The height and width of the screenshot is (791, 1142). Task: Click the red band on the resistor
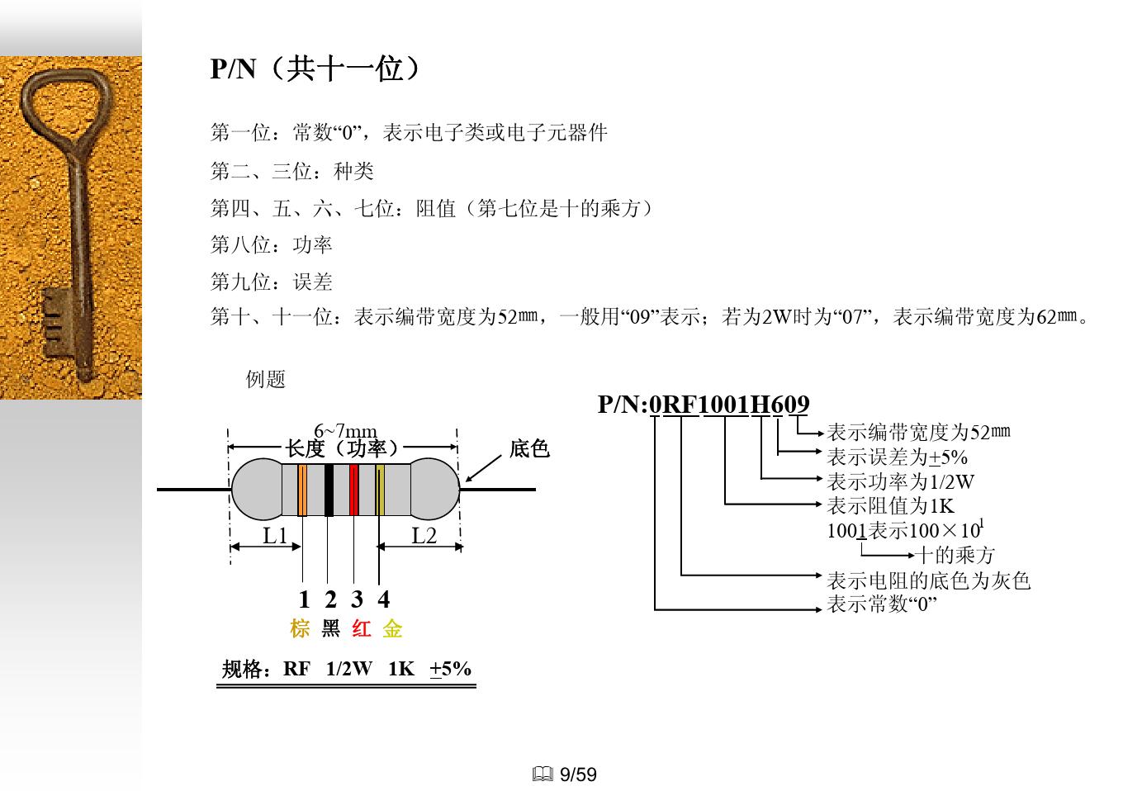[353, 490]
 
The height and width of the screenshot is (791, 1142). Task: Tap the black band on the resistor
[329, 490]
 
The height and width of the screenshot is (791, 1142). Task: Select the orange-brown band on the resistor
[302, 490]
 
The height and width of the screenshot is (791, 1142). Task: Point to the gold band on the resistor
[380, 490]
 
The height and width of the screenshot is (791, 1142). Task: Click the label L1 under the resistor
[275, 536]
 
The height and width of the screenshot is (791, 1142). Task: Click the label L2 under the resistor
[424, 536]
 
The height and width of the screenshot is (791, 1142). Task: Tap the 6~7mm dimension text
[345, 431]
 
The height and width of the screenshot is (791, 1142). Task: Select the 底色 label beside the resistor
[529, 448]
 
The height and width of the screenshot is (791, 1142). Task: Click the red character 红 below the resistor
[361, 629]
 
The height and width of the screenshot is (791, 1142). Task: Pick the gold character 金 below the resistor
[392, 629]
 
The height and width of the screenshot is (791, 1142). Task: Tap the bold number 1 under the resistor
[304, 599]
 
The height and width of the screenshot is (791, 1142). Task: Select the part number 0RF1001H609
[729, 405]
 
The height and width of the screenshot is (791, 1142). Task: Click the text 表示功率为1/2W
[900, 481]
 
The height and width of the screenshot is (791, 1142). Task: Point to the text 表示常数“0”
[882, 604]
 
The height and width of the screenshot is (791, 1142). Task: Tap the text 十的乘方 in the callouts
[955, 555]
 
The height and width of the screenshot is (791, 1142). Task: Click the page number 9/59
[578, 774]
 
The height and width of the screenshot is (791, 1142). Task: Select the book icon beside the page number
[543, 774]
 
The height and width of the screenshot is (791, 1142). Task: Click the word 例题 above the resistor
[266, 379]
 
